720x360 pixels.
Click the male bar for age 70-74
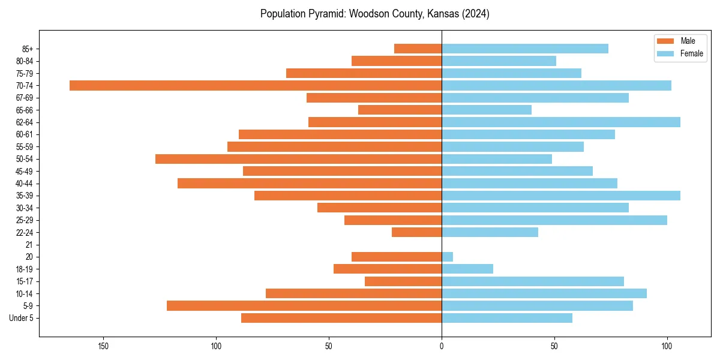coord(256,85)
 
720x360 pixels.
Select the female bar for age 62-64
coord(561,122)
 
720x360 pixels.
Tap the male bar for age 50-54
coord(298,159)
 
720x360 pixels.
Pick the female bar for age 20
coord(447,257)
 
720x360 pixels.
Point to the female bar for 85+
coord(525,49)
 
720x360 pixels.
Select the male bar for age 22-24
coord(416,232)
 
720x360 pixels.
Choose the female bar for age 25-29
coord(554,220)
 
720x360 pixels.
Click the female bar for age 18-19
coord(467,269)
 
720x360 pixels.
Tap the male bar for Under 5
coord(341,318)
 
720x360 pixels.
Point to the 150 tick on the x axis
coord(104,346)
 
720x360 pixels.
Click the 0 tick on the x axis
coord(442,346)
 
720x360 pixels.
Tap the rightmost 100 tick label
coord(667,346)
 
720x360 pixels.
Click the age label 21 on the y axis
coord(29,245)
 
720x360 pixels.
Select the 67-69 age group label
coord(25,98)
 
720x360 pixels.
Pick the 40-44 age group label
coord(25,184)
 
